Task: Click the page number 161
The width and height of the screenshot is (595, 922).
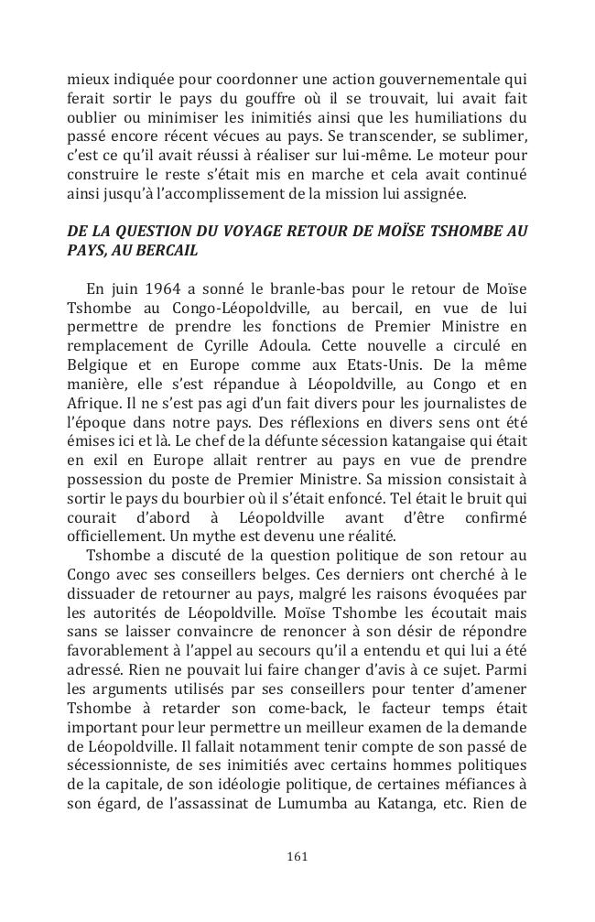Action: coord(297,856)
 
